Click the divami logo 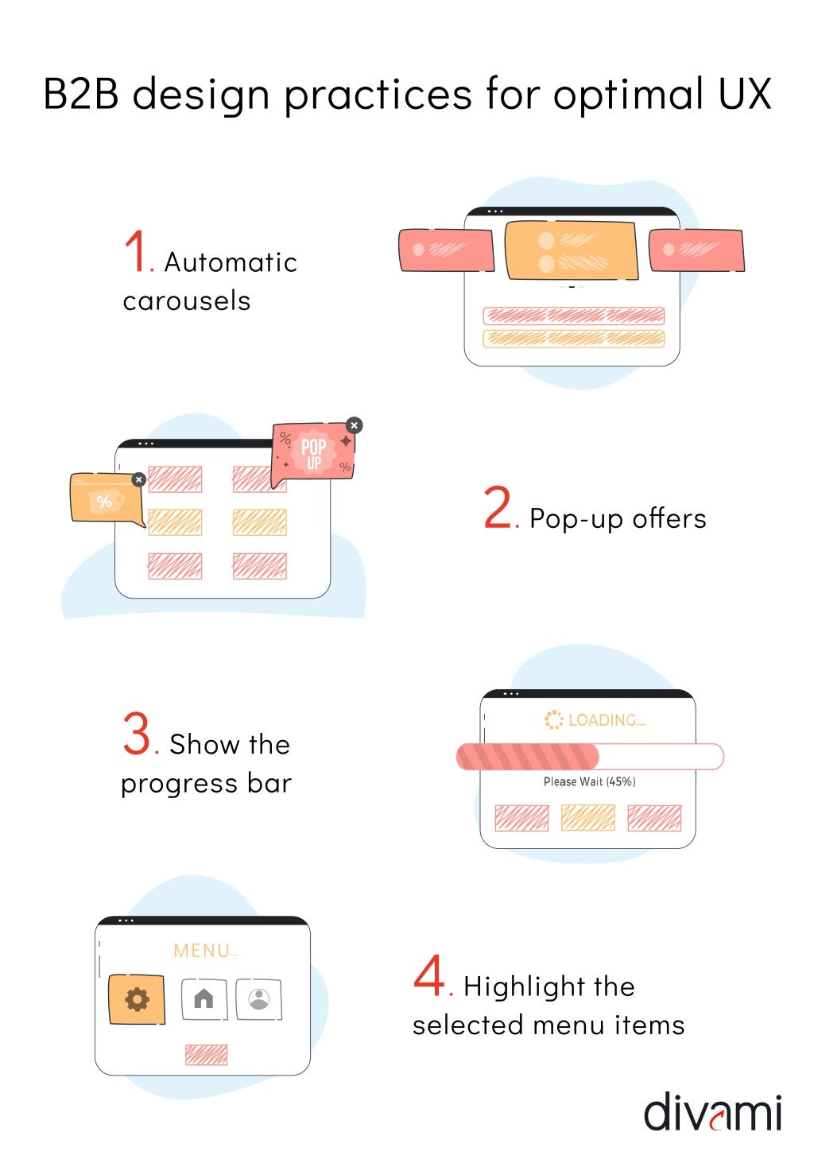pos(712,1112)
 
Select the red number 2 pos(498,508)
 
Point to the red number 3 pos(137,733)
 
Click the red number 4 pos(429,975)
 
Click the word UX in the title pos(745,94)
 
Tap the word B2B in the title pos(81,94)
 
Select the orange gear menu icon pos(137,999)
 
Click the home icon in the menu pos(204,998)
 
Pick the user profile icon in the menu pos(258,998)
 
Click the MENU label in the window pos(205,951)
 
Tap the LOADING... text pos(607,720)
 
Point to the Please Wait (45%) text pos(589,782)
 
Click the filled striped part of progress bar pos(527,757)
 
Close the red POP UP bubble pos(355,425)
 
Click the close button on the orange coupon pos(139,479)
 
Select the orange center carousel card pos(572,250)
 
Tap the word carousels pos(187,301)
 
